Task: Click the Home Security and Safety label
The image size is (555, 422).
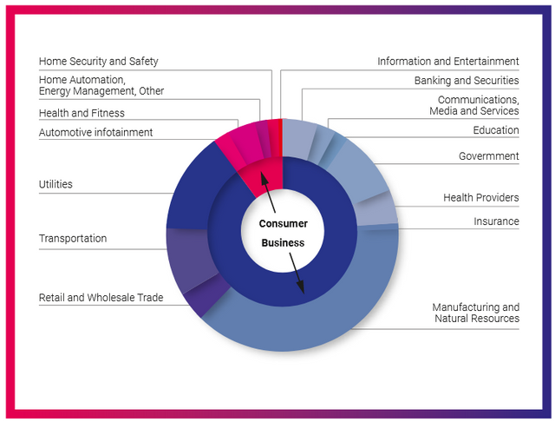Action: coord(98,62)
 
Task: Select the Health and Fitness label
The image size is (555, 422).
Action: coord(82,113)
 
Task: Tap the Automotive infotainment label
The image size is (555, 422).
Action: coord(95,133)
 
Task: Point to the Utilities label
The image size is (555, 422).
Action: coord(55,184)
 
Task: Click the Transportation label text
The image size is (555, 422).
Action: coord(73,239)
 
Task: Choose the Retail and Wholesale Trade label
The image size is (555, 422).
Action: coord(101,298)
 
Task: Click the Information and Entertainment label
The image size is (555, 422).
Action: coord(447,62)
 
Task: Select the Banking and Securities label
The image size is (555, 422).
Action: coord(466,81)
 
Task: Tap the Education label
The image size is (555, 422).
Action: coord(495,130)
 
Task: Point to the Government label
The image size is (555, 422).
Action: coord(488,156)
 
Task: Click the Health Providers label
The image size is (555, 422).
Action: coord(480,198)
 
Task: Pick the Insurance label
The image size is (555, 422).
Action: coord(496,221)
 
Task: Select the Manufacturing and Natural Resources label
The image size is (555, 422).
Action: coord(475,313)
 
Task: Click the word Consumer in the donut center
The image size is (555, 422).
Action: coord(284,224)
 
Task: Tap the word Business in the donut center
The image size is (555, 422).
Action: coord(284,243)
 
